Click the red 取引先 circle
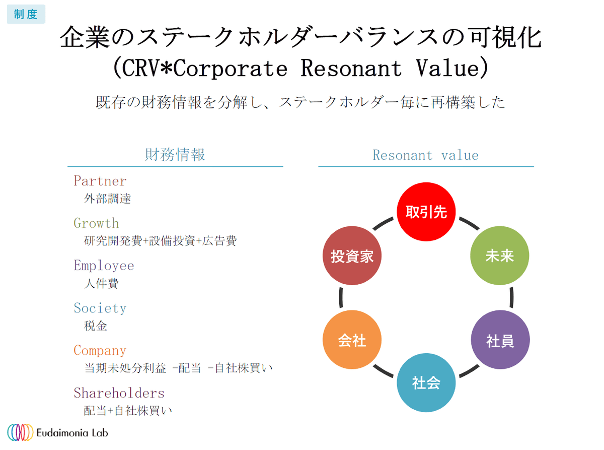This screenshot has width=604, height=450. [426, 212]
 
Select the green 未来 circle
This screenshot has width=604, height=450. [500, 255]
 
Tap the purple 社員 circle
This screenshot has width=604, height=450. [500, 340]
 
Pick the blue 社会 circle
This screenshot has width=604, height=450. [426, 382]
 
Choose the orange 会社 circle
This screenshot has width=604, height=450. [352, 340]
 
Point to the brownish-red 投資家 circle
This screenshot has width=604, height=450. [352, 255]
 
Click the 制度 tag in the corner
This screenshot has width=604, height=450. [26, 14]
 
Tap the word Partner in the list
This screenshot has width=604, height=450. [100, 181]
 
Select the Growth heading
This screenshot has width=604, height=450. [96, 223]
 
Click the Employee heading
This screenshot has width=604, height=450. [104, 266]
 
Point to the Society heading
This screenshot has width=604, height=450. [100, 308]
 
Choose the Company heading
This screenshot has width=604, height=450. [100, 350]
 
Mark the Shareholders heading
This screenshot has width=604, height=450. [119, 393]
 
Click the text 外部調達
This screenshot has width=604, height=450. [107, 199]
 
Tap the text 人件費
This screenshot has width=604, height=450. [101, 283]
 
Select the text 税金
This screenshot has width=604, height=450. [96, 326]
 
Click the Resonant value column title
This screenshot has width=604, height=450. [425, 155]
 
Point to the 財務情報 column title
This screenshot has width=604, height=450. [175, 155]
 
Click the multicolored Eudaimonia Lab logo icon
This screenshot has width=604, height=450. [21, 432]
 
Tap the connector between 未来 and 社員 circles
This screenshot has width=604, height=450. [512, 297]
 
